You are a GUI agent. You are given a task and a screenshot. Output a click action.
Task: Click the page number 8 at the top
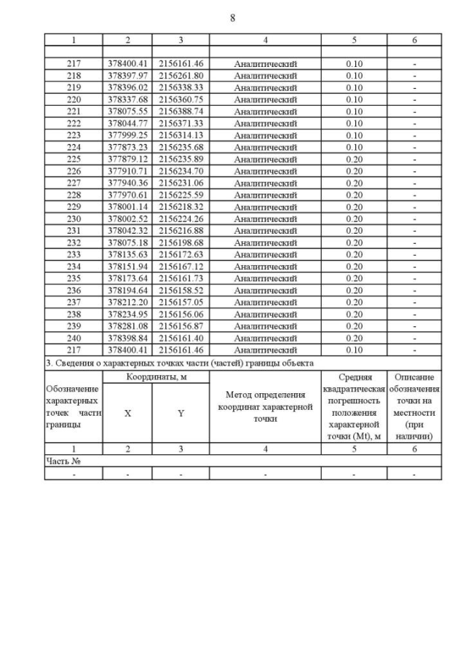pyautogui.click(x=232, y=17)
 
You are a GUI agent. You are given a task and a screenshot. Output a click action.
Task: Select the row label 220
pyautogui.click(x=74, y=99)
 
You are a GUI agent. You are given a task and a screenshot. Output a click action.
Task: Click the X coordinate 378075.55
pyautogui.click(x=127, y=111)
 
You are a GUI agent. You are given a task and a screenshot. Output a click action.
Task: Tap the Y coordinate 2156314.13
pyautogui.click(x=181, y=135)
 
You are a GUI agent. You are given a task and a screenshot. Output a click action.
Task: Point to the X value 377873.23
pyautogui.click(x=127, y=147)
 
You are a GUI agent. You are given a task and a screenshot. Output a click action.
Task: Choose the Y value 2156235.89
pyautogui.click(x=181, y=159)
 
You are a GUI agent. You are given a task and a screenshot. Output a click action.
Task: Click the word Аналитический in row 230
pyautogui.click(x=265, y=218)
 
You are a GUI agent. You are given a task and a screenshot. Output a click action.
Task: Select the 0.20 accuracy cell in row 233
pyautogui.click(x=354, y=255)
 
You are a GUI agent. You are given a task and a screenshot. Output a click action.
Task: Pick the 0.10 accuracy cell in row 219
pyautogui.click(x=354, y=87)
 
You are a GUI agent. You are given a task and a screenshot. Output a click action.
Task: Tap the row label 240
pyautogui.click(x=74, y=339)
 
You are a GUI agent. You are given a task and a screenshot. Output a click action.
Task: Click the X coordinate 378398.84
pyautogui.click(x=127, y=339)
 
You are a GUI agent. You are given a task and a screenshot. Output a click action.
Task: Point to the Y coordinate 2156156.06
pyautogui.click(x=181, y=315)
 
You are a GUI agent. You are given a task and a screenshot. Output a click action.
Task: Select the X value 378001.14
pyautogui.click(x=127, y=207)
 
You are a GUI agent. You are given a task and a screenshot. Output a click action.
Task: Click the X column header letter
pyautogui.click(x=127, y=412)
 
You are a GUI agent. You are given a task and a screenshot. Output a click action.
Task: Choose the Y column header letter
pyautogui.click(x=181, y=412)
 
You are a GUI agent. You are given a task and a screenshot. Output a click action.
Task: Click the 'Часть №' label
pyautogui.click(x=63, y=461)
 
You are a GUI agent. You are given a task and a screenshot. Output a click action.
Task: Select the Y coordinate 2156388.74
pyautogui.click(x=181, y=111)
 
